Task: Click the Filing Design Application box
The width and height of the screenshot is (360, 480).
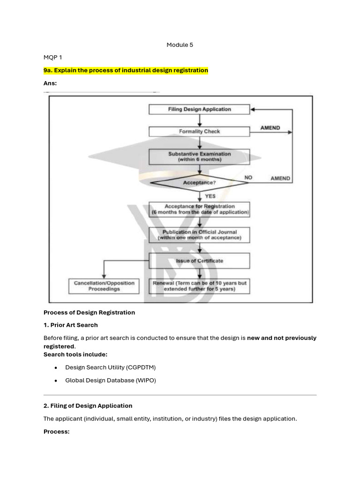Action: pos(199,109)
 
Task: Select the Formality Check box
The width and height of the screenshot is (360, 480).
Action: pos(199,132)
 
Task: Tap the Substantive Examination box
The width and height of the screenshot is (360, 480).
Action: pos(199,157)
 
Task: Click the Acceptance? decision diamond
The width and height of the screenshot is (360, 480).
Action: pos(199,182)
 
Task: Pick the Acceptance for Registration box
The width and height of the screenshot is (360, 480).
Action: pos(199,209)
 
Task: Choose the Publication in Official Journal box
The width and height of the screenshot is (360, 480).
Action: pos(199,235)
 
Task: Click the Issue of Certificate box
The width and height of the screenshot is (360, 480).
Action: pos(199,261)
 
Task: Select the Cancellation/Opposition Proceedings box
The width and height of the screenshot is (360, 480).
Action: pos(104,286)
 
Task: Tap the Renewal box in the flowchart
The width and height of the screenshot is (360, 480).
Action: pos(199,286)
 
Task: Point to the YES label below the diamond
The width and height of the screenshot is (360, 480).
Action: pos(210,196)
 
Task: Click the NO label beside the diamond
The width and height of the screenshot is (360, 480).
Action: pos(248,178)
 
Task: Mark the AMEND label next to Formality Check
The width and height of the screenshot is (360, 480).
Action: pos(270,128)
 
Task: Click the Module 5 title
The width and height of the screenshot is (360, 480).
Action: pos(180,45)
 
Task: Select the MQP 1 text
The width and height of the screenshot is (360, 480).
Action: pos(52,58)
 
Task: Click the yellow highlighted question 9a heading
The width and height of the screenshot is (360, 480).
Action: pos(126,70)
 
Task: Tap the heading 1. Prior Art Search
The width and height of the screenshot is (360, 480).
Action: pos(71,325)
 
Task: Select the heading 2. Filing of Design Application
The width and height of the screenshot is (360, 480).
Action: pos(88,405)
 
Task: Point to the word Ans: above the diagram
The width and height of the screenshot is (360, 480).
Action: pos(50,83)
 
